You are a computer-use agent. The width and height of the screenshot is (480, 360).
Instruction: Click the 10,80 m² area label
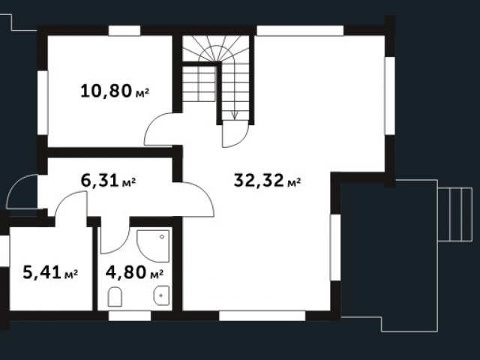pyautogui.click(x=115, y=91)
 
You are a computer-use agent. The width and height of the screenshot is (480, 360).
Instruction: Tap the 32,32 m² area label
pyautogui.click(x=267, y=180)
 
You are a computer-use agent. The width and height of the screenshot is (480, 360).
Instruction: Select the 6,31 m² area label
pyautogui.click(x=108, y=180)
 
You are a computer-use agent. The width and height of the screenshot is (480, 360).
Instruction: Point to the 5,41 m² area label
pyautogui.click(x=50, y=272)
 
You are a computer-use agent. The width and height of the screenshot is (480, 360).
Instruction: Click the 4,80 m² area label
pyautogui.click(x=134, y=272)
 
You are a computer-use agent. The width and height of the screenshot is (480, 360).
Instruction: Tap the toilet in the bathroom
pyautogui.click(x=115, y=297)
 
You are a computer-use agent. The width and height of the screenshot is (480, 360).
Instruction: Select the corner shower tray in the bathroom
pyautogui.click(x=153, y=246)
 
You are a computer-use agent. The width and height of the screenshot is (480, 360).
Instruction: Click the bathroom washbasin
pyautogui.click(x=161, y=295)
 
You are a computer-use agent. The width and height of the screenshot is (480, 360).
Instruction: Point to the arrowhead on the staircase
pyautogui.click(x=235, y=115)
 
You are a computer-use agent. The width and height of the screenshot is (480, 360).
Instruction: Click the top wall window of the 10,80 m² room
pyautogui.click(x=124, y=31)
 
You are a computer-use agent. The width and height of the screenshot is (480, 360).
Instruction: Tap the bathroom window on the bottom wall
pyautogui.click(x=130, y=316)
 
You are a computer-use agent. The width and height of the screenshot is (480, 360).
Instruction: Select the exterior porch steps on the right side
pyautogui.click(x=454, y=214)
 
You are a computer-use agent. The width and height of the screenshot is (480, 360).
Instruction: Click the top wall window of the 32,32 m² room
pyautogui.click(x=300, y=31)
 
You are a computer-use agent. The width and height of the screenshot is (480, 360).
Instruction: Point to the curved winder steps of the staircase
pyautogui.click(x=216, y=49)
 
